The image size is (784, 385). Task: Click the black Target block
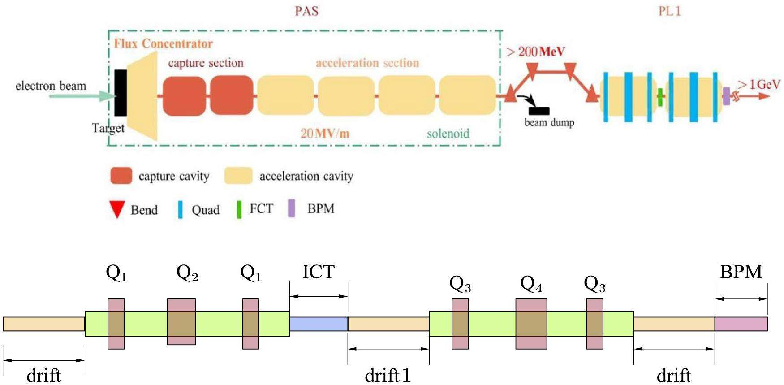[x=121, y=93]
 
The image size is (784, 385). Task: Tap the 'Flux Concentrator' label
[x=163, y=43]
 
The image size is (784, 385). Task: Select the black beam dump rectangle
[x=539, y=111]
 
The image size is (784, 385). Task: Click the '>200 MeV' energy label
[x=535, y=52]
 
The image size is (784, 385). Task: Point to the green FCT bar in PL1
[x=660, y=97]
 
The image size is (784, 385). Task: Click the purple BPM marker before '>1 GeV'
[x=726, y=96]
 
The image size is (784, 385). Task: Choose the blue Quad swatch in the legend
[x=180, y=209]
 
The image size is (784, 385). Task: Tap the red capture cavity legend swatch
[x=121, y=176]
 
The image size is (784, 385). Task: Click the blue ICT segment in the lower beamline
[x=319, y=324]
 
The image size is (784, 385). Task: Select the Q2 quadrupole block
[x=181, y=322]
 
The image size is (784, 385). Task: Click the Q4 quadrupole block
[x=531, y=324]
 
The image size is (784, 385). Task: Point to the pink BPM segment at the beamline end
[x=741, y=324]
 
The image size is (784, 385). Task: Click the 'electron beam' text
[x=51, y=86]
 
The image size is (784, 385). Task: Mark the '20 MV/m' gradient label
[x=325, y=133]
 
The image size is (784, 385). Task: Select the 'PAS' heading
[x=307, y=11]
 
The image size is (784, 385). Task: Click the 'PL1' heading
[x=669, y=11]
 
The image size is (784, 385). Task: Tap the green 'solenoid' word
[x=448, y=134]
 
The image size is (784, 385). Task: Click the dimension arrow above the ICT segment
[x=319, y=296]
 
